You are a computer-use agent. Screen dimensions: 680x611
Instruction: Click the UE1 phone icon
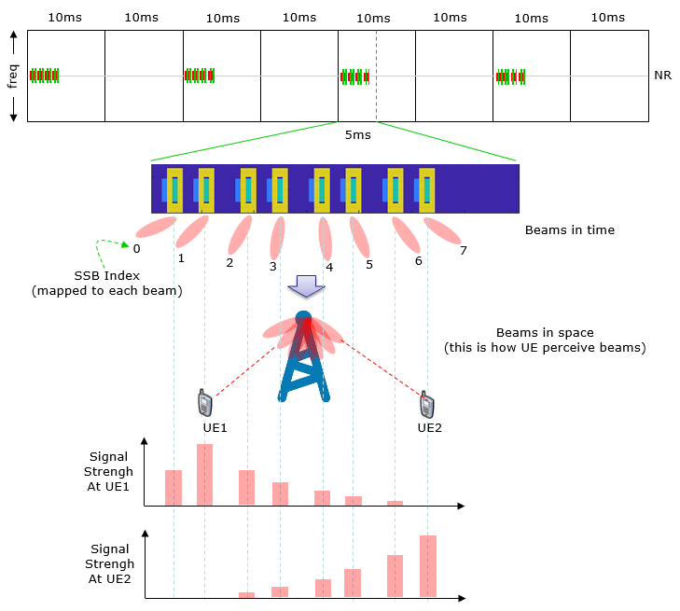[x=204, y=402]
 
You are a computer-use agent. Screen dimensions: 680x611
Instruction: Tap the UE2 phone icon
[x=426, y=405]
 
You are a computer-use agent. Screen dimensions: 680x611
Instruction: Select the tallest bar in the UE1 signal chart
[x=204, y=475]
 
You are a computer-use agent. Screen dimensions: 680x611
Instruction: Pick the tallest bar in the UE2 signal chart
[x=428, y=566]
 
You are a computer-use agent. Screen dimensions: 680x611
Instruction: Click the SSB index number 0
[x=136, y=249]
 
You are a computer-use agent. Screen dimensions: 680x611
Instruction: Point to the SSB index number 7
[x=464, y=251]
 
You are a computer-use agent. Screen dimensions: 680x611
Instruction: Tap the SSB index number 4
[x=329, y=267]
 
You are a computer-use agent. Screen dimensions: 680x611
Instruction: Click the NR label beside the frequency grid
[x=662, y=76]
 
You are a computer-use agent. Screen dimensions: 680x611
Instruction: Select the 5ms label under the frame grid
[x=358, y=135]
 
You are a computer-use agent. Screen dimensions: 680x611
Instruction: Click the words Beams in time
[x=570, y=229]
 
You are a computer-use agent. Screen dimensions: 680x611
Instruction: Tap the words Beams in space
[x=545, y=333]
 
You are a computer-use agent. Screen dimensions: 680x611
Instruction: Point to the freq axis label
[x=13, y=76]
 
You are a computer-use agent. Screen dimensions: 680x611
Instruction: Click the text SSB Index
[x=106, y=276]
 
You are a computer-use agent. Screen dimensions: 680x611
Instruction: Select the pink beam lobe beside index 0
[x=156, y=228]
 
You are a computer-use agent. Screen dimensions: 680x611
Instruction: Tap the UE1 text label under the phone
[x=215, y=428]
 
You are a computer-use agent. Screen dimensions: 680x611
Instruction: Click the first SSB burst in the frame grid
[x=44, y=76]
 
